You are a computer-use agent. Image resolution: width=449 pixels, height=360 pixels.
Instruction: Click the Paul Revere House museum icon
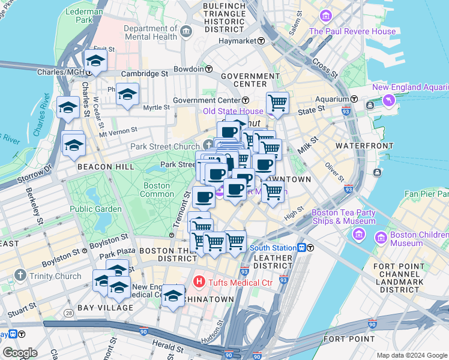327,16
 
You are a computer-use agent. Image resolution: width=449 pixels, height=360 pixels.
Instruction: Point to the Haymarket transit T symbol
261,41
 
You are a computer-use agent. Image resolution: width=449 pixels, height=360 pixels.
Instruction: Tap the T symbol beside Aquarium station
355,99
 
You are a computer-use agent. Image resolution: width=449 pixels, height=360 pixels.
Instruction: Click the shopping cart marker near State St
277,103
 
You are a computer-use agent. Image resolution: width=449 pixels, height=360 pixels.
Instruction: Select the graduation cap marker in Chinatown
173,296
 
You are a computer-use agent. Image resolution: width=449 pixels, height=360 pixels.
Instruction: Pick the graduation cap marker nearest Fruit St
96,60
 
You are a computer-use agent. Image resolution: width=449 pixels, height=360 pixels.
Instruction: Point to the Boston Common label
157,190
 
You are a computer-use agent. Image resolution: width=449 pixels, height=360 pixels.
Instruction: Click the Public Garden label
96,209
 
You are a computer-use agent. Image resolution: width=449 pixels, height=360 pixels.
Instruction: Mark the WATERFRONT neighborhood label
360,146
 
